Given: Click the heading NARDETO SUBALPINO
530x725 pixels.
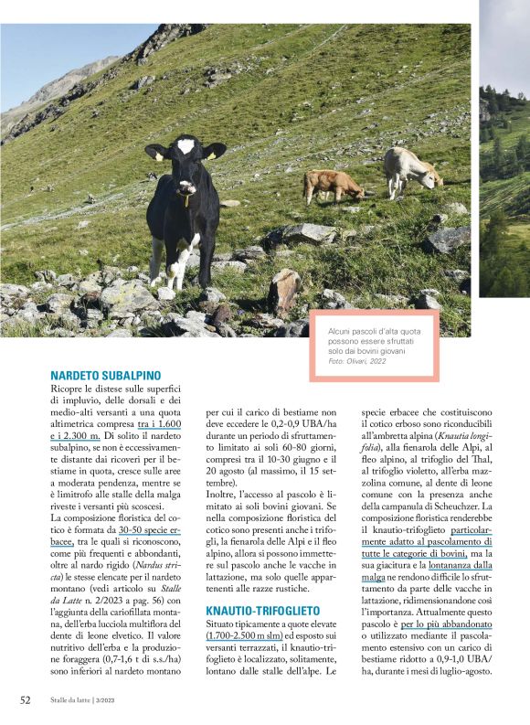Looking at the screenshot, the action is pos(106,376).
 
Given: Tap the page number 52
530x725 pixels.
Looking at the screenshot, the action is pos(26,700).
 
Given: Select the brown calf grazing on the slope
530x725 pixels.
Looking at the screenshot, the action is pos(333,185).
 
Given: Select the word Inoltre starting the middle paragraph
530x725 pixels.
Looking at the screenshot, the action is pos(224,494).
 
